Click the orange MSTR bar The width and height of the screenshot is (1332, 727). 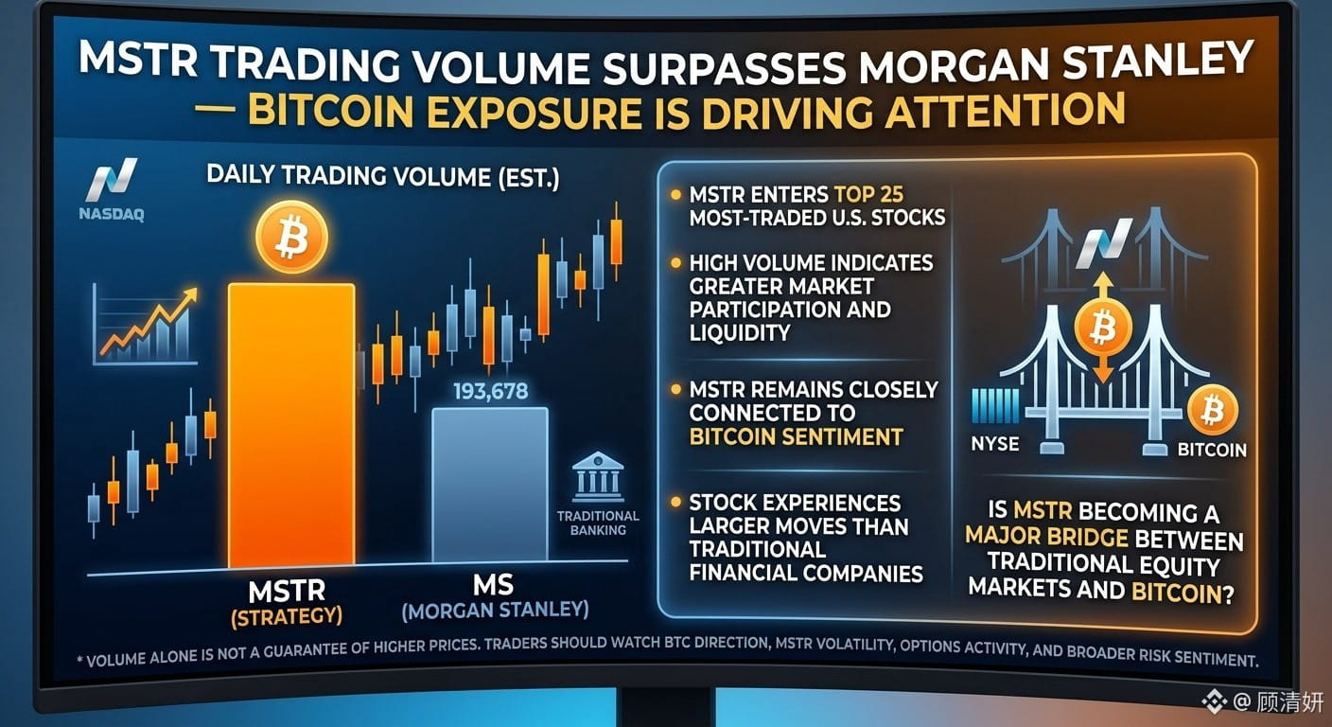pyautogui.click(x=291, y=425)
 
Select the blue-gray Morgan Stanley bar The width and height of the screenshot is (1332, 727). pyautogui.click(x=490, y=485)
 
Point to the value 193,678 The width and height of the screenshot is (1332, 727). pyautogui.click(x=491, y=391)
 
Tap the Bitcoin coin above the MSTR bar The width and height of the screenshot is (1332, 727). pyautogui.click(x=291, y=237)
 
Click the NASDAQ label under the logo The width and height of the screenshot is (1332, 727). pyautogui.click(x=112, y=214)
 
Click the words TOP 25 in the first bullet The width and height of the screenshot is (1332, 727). pyautogui.click(x=868, y=195)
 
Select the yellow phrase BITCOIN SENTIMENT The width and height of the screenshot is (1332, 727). pyautogui.click(x=796, y=436)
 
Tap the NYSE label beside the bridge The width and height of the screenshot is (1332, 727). pyautogui.click(x=995, y=443)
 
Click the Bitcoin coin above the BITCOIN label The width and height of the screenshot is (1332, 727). pyautogui.click(x=1213, y=410)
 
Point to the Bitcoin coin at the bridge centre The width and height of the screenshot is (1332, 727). pyautogui.click(x=1103, y=327)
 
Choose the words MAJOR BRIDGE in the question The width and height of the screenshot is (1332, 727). pyautogui.click(x=1046, y=536)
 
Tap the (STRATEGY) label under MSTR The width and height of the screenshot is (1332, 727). pyautogui.click(x=287, y=616)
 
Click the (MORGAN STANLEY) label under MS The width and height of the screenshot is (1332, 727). pyautogui.click(x=496, y=610)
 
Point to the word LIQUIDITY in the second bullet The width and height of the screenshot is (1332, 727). pyautogui.click(x=740, y=332)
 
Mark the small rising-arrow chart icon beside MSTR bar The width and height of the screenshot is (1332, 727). pyautogui.click(x=146, y=325)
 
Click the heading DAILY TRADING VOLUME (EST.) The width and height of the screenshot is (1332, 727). pyautogui.click(x=383, y=177)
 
